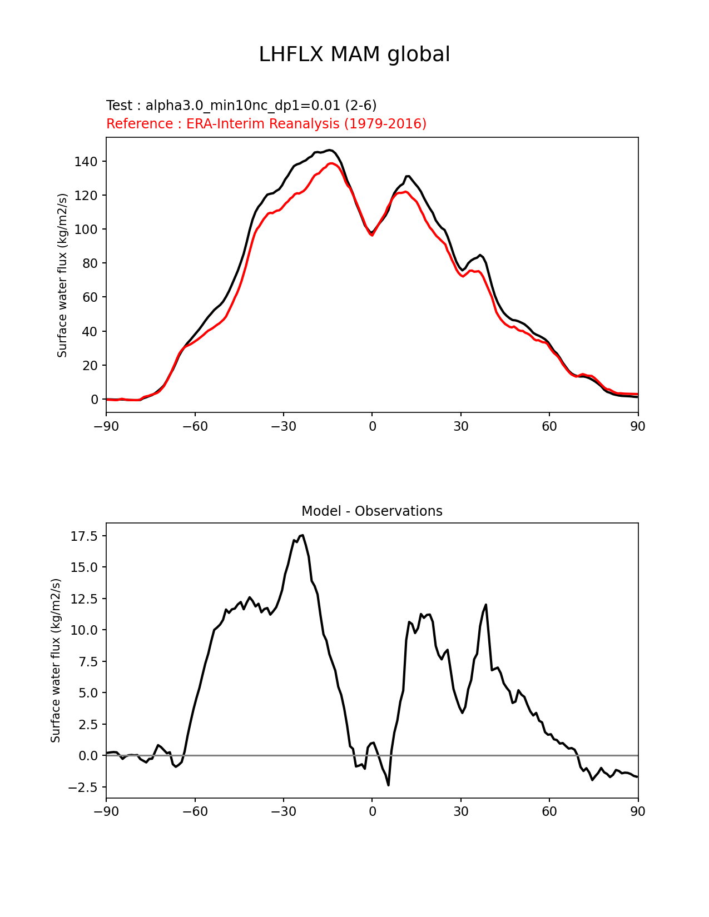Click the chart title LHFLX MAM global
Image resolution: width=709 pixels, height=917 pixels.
[x=354, y=54]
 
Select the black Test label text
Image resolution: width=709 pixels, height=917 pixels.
[x=241, y=106]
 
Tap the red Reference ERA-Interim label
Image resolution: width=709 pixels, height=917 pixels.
[x=266, y=124]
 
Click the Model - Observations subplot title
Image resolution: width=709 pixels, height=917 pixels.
[x=371, y=511]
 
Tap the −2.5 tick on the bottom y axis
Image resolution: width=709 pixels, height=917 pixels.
[x=82, y=788]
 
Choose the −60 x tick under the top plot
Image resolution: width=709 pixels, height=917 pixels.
[x=195, y=426]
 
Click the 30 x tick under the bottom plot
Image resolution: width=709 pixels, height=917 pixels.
[x=460, y=812]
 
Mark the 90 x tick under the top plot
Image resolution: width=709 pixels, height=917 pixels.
[x=638, y=426]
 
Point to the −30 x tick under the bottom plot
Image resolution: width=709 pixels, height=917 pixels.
[x=283, y=812]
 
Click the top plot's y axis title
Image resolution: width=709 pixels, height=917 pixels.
[x=62, y=275]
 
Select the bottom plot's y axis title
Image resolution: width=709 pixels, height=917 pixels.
[x=56, y=660]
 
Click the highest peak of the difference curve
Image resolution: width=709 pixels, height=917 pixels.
[x=303, y=535]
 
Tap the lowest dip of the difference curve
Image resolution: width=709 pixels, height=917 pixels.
[x=388, y=785]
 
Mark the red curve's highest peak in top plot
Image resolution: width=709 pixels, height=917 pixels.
[x=332, y=163]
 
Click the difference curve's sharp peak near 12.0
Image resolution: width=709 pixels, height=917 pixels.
[x=486, y=605]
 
